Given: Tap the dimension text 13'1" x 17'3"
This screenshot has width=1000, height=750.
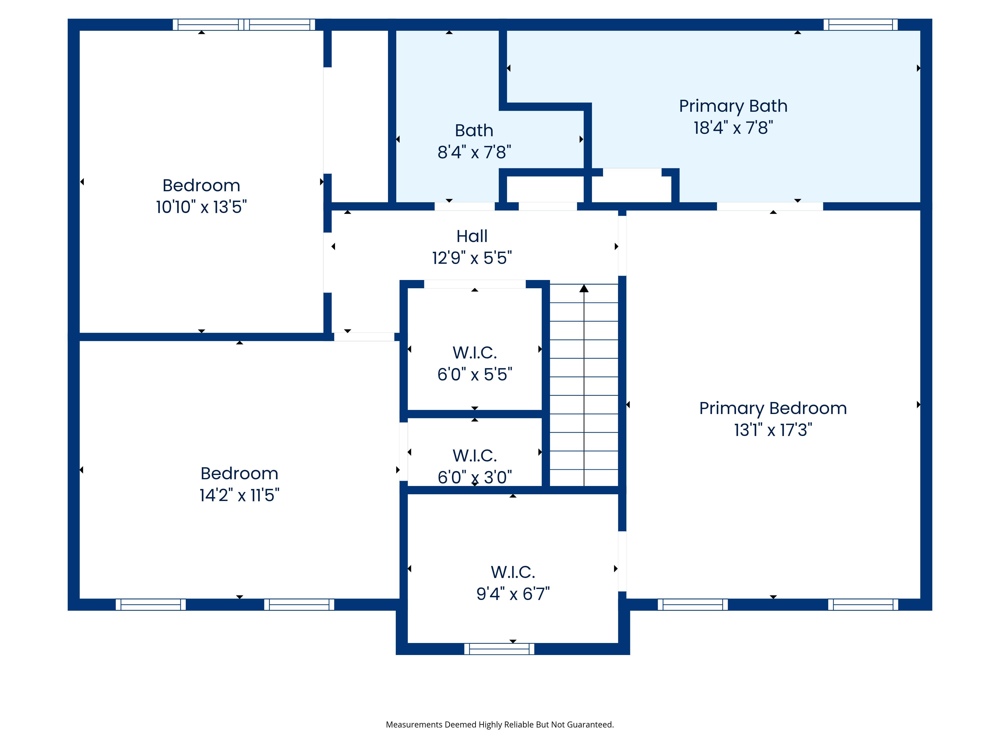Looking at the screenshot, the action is (773, 430).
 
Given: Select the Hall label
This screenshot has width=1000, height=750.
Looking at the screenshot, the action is (472, 236).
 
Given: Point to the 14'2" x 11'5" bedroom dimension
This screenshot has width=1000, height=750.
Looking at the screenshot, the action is (239, 495).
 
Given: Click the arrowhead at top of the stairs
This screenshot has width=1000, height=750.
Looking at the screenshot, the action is (584, 288).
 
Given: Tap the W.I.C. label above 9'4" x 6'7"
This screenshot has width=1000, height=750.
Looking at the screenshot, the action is (513, 572).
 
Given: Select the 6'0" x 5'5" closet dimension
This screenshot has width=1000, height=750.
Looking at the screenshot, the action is (475, 374).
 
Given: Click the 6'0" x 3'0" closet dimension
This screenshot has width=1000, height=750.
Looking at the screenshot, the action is (475, 477).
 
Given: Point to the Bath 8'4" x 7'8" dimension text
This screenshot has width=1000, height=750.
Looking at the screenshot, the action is (474, 152).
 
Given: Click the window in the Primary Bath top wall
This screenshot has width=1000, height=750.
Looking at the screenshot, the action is (860, 24).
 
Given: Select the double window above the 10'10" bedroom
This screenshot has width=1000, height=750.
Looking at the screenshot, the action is (244, 24).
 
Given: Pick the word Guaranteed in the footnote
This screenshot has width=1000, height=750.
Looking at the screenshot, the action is (590, 725).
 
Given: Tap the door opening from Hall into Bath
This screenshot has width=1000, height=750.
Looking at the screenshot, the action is (465, 206).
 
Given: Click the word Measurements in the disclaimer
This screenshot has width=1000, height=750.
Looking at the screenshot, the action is (414, 725).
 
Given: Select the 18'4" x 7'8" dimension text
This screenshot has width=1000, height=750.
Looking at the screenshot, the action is (733, 128).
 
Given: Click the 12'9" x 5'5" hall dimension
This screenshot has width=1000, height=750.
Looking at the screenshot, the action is (472, 258).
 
